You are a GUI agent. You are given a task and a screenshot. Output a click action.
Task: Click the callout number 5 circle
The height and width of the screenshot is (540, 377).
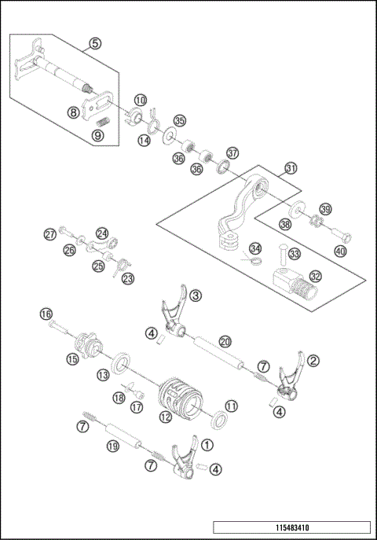[x=95, y=43]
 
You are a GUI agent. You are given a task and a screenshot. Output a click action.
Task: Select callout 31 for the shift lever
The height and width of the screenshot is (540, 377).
[x=291, y=168]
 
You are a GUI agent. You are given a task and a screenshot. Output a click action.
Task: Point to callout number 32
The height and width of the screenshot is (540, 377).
[x=315, y=276]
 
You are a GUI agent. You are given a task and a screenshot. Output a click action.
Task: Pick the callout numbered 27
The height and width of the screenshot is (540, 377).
[x=49, y=233]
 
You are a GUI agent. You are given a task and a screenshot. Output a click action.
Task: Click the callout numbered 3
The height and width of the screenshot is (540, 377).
[x=196, y=296]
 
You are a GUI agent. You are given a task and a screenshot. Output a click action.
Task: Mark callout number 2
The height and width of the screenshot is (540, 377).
[x=313, y=360]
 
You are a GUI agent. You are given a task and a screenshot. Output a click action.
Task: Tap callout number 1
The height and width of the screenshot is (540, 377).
[x=207, y=444]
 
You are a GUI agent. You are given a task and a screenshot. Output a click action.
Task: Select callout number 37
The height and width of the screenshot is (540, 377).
[x=232, y=152]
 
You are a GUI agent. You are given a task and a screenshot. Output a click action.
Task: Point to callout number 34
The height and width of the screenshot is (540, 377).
[x=254, y=248]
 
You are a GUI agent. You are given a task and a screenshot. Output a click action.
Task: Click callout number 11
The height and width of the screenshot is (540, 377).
[x=231, y=406]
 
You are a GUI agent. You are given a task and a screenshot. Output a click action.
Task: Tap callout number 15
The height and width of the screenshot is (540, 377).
[x=72, y=359]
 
